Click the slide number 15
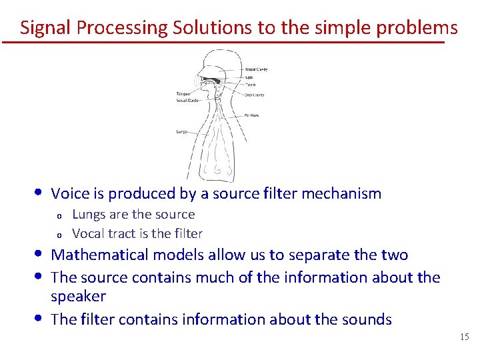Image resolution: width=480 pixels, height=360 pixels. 465,337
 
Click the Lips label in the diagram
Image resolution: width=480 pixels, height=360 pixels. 249,77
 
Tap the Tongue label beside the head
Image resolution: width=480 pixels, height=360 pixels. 183,94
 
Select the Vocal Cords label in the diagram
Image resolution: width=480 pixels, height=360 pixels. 187,100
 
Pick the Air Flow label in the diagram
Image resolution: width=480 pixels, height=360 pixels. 251,115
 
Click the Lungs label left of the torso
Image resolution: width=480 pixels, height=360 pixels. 182,132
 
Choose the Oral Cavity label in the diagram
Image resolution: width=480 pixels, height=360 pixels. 254,95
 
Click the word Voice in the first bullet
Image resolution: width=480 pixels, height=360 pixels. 69,194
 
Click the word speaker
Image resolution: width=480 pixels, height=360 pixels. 78,296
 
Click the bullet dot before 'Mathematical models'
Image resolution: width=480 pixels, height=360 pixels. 41,254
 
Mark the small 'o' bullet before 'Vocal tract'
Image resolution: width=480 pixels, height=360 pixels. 59,235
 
